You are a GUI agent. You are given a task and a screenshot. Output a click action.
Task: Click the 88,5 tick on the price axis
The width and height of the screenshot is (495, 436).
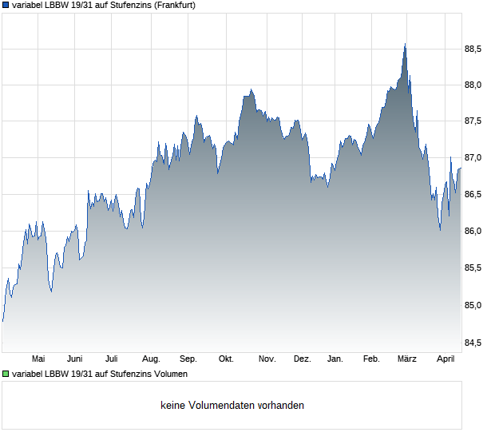(x=473, y=50)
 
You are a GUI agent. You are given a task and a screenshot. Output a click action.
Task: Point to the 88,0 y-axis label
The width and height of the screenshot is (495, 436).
(x=473, y=85)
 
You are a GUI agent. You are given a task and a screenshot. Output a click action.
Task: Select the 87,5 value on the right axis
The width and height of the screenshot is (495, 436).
(x=473, y=121)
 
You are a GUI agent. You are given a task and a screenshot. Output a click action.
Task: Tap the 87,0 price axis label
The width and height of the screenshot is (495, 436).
(x=473, y=158)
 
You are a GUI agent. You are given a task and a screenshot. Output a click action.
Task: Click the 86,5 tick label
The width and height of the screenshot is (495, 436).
(x=473, y=195)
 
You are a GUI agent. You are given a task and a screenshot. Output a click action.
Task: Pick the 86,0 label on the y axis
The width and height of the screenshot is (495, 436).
(x=473, y=232)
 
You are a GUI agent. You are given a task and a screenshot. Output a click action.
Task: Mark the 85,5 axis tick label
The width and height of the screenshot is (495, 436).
(x=473, y=268)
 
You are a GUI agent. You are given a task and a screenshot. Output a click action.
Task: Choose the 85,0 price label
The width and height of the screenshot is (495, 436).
(x=473, y=305)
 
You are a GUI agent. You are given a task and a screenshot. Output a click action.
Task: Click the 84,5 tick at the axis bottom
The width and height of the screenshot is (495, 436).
(x=473, y=343)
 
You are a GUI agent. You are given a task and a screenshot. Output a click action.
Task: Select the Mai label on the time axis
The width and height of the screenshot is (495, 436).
(x=38, y=359)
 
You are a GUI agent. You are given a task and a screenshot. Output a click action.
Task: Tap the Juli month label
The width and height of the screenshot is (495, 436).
(x=112, y=359)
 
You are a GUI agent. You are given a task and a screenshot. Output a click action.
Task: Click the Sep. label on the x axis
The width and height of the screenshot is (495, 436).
(x=188, y=359)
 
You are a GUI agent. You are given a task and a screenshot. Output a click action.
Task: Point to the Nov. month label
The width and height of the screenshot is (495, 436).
(x=267, y=359)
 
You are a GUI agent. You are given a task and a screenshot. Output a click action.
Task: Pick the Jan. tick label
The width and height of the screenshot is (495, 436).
(x=335, y=359)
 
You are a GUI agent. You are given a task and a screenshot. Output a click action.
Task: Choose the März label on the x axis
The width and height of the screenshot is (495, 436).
(x=407, y=359)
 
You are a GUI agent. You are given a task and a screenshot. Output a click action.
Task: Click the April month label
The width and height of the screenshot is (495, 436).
(x=445, y=359)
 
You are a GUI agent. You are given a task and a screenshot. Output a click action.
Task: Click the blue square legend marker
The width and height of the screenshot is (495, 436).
(x=6, y=5)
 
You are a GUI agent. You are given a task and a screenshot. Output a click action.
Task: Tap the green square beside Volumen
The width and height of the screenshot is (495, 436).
(x=6, y=374)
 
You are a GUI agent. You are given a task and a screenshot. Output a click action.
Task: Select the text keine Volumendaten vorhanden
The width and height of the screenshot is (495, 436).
(x=232, y=406)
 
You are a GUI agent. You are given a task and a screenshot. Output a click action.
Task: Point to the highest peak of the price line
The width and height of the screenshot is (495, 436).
(x=406, y=44)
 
